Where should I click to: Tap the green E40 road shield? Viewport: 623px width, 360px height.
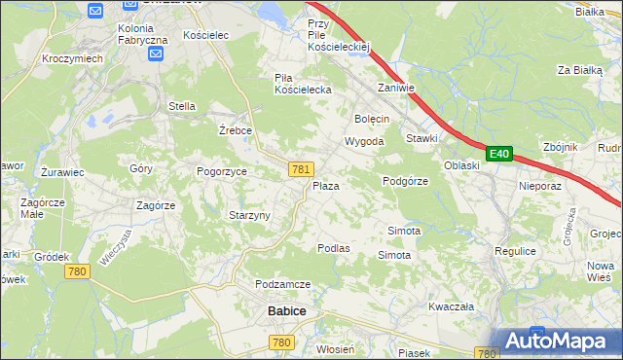499,154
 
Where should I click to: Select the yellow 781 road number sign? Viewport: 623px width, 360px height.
300,169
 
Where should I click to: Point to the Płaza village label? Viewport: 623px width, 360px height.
325,185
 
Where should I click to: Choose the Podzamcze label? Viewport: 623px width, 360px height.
282,283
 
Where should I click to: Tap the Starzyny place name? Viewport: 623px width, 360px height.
248,215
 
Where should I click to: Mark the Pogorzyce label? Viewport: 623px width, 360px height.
222,171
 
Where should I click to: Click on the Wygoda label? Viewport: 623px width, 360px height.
364,141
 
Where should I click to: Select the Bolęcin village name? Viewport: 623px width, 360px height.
372,118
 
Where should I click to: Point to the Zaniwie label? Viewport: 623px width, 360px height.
396,88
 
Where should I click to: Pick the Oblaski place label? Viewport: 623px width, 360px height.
461,165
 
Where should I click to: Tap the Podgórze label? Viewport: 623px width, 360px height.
406,180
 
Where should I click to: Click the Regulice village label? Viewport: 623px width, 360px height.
515,251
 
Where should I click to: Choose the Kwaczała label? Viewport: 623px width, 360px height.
451,306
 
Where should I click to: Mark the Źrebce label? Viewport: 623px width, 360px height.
236,129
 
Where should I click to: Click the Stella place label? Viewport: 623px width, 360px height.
182,106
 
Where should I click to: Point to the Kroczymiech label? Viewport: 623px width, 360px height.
73,58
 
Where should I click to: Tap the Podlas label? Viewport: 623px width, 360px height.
333,248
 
